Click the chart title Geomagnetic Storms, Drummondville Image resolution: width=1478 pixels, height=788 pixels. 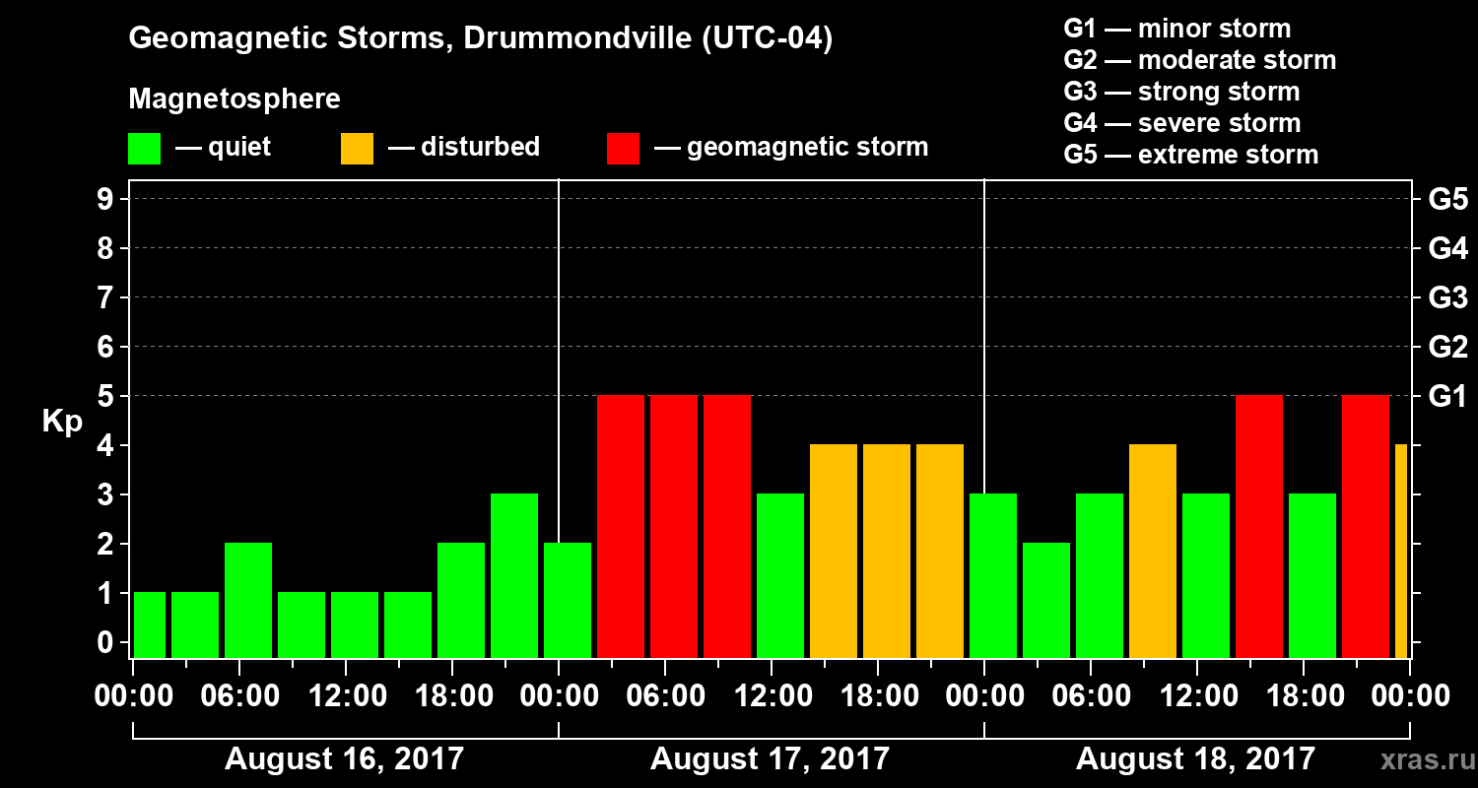481,39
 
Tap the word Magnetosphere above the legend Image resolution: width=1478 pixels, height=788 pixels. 235,99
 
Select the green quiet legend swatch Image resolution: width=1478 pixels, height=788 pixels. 144,149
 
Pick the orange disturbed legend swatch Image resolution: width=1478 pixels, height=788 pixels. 357,149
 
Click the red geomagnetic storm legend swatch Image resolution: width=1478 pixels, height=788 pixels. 623,149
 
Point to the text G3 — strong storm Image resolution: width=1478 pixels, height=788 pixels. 1181,92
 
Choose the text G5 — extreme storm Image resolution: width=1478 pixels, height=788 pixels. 1190,155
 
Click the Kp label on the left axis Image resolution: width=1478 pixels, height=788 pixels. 62,421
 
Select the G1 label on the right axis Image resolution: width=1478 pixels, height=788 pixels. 1447,397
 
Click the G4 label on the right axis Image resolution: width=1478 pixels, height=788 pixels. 1447,249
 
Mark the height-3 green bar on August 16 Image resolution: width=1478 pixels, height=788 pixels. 514,576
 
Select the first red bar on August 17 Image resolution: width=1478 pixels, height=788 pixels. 621,527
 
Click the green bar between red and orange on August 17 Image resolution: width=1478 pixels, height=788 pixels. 780,576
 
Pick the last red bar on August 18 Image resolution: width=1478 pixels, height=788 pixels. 1366,527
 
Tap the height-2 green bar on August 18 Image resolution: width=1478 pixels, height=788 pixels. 1046,601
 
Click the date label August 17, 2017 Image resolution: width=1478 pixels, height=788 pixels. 770,759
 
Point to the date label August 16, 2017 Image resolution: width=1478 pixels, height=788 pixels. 344,759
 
